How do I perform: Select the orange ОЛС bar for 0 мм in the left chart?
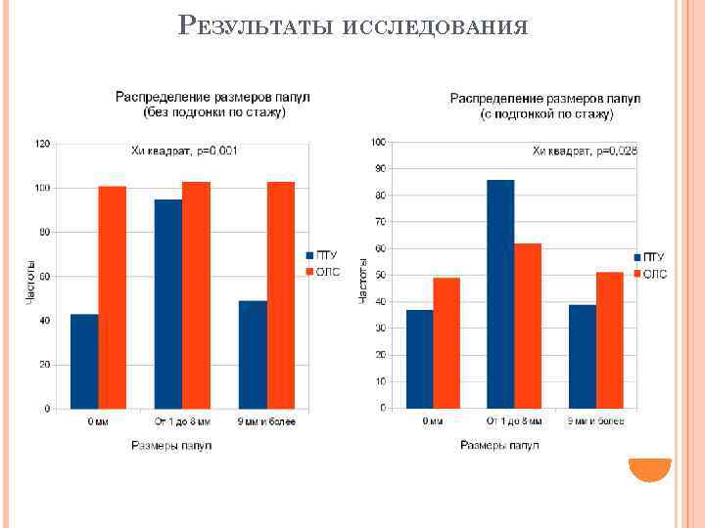click(x=113, y=297)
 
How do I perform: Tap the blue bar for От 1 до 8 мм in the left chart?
click(x=168, y=304)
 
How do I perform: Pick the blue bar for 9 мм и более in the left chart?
click(x=253, y=355)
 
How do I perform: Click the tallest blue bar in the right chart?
click(x=499, y=293)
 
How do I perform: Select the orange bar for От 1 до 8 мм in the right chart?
click(x=527, y=325)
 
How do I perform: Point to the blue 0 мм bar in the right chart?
click(x=419, y=359)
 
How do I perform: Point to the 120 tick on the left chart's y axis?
click(x=42, y=144)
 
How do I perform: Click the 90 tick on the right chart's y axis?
click(x=378, y=169)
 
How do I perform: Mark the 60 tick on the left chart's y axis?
click(x=45, y=277)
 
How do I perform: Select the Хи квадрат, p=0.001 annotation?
click(x=185, y=152)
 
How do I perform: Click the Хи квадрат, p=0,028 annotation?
click(x=585, y=151)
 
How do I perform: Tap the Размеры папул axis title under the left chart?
click(x=171, y=446)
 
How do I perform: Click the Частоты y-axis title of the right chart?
click(x=363, y=279)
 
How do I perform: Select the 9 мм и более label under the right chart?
click(x=595, y=421)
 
